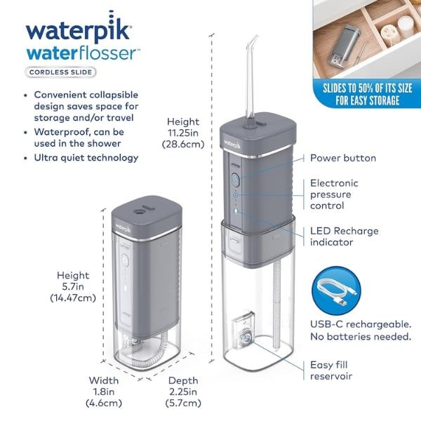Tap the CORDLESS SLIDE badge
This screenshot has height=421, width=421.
click(x=61, y=71)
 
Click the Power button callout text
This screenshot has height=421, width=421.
click(x=343, y=159)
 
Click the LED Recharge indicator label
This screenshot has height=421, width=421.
click(x=343, y=236)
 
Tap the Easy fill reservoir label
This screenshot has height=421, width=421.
click(x=336, y=371)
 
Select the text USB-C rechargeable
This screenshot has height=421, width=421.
click(x=360, y=323)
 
